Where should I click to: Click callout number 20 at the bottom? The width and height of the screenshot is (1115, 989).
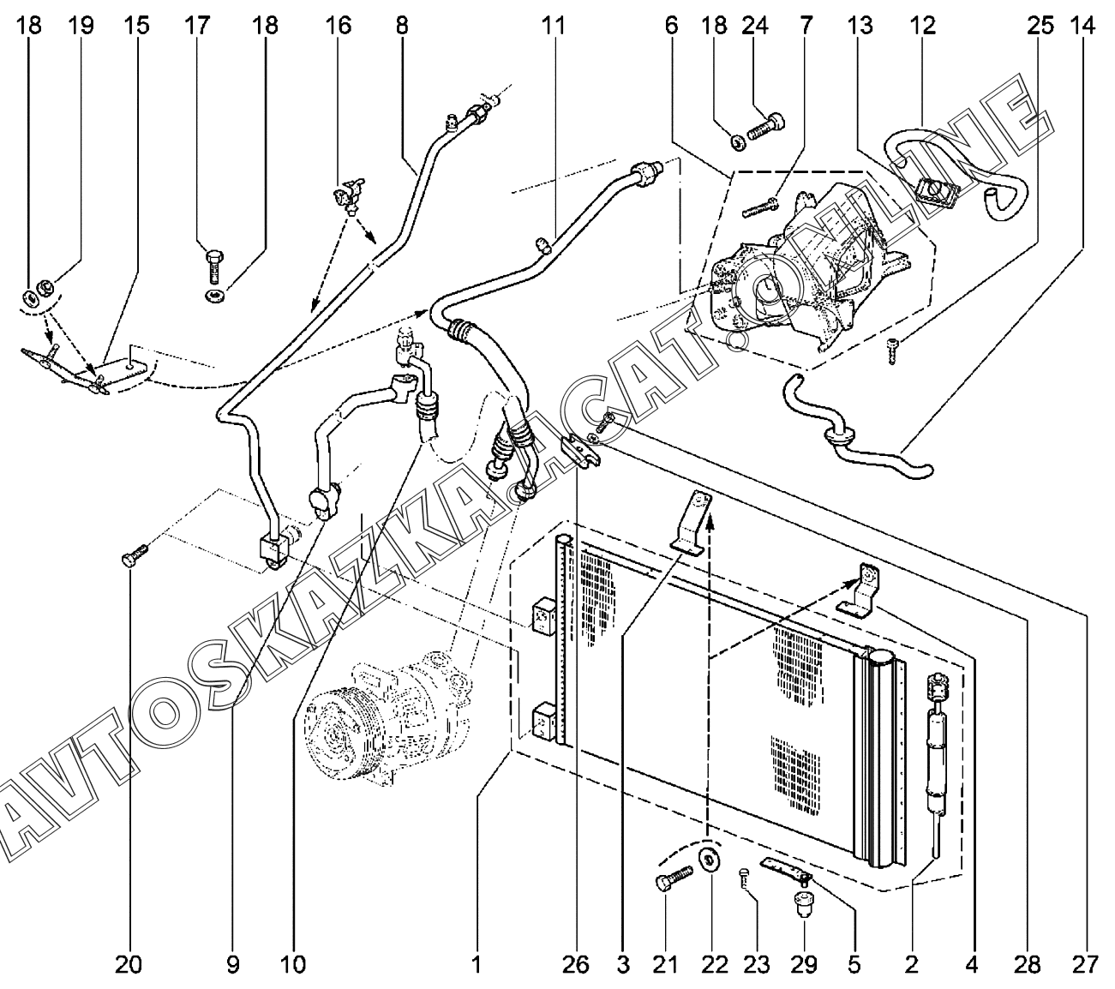129,965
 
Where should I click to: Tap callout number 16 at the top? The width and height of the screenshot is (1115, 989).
339,26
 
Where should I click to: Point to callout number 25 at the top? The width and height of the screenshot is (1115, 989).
1040,26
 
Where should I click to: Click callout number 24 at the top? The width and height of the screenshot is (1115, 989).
754,26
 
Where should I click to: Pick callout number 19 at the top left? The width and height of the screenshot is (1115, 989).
81,26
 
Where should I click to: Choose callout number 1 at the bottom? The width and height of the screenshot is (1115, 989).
476,965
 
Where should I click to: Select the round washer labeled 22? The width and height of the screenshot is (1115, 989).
709,860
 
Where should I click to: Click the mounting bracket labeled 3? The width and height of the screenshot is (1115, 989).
693,524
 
